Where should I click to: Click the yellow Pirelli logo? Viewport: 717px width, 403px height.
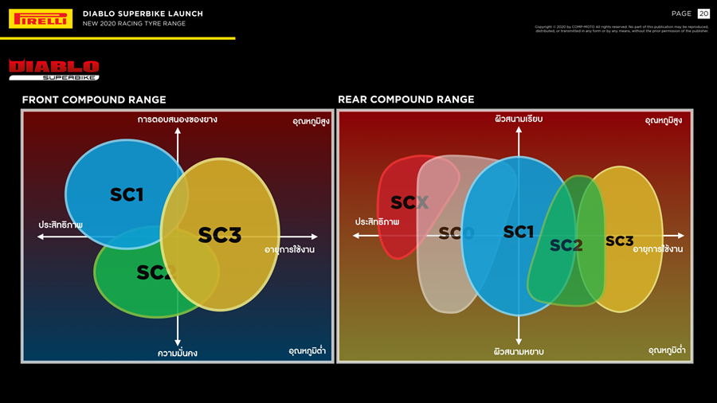41,18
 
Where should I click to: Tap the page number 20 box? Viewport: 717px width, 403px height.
703,14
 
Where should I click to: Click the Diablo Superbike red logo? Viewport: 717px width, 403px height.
54,69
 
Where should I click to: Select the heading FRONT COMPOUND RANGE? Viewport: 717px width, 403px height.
94,100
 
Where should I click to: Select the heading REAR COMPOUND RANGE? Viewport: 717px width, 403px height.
406,100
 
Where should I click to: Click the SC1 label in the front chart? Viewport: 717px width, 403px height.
127,194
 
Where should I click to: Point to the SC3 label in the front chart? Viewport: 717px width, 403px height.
219,234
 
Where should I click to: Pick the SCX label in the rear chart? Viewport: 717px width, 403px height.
409,203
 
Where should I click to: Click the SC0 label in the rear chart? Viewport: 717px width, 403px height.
456,233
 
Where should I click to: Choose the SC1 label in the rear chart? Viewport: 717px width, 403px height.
519,232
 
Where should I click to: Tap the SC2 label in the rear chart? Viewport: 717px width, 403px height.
566,245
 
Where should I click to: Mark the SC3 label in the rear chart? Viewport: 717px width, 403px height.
619,241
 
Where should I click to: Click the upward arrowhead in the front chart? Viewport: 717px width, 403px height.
178,130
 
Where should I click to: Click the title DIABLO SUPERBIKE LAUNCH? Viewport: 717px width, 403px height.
143,14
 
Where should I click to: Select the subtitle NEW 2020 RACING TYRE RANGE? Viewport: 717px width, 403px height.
134,24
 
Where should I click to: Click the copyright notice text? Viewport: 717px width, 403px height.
621,29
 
